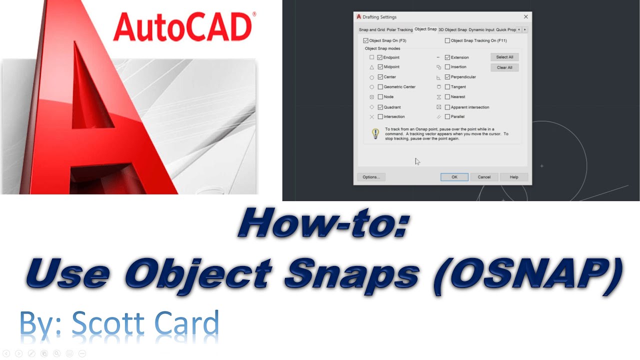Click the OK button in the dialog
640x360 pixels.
(454, 177)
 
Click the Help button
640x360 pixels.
(513, 177)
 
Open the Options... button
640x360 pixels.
(371, 177)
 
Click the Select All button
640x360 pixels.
(504, 57)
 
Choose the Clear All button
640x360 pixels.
(504, 67)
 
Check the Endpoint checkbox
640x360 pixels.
(380, 57)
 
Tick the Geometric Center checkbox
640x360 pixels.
(380, 87)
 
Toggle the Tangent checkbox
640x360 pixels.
(447, 87)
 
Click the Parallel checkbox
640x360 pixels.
(447, 116)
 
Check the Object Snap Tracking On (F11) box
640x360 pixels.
(447, 41)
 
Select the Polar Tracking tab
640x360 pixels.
(399, 30)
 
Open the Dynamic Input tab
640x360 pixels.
(481, 30)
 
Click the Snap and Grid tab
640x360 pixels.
(372, 30)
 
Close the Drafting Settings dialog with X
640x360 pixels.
(525, 17)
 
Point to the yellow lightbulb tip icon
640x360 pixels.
(375, 133)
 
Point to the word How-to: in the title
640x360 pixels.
(323, 222)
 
